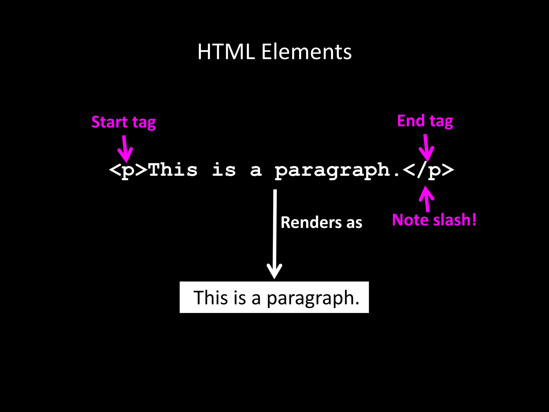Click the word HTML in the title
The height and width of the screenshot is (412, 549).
226,51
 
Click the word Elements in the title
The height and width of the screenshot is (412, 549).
306,51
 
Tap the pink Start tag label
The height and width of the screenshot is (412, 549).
124,122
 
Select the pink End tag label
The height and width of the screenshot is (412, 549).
425,121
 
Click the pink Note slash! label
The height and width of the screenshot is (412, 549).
434,220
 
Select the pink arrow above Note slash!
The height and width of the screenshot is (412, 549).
426,198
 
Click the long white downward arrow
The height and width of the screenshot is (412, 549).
274,233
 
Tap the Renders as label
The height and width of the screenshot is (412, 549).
321,223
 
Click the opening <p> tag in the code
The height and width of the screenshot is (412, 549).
128,170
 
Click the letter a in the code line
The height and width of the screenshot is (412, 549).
256,171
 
